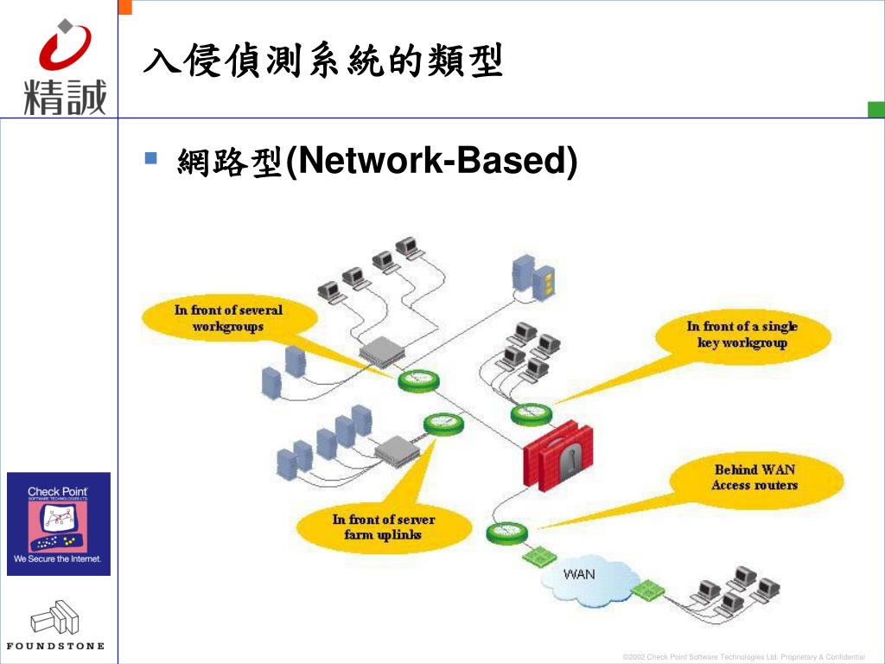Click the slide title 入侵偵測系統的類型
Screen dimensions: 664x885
[322, 62]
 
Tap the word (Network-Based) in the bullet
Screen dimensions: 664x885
[430, 161]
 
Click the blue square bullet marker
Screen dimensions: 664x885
[151, 158]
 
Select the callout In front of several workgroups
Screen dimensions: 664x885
[228, 318]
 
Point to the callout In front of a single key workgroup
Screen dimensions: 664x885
[742, 335]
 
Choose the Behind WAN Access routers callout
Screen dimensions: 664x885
[754, 478]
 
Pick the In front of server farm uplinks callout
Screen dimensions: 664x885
[383, 527]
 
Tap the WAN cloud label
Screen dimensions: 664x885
[579, 574]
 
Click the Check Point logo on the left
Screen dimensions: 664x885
[59, 524]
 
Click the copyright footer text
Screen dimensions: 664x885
[743, 658]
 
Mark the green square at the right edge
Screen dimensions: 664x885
[875, 109]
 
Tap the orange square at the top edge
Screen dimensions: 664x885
[125, 6]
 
